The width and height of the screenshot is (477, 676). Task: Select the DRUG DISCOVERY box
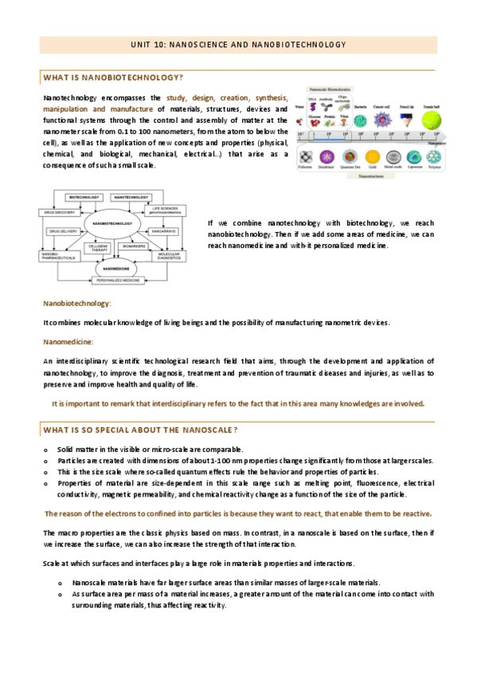pyautogui.click(x=61, y=212)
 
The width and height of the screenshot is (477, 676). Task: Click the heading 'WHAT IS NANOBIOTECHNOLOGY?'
pyautogui.click(x=113, y=77)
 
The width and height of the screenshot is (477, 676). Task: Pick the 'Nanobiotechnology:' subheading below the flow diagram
pyautogui.click(x=76, y=303)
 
